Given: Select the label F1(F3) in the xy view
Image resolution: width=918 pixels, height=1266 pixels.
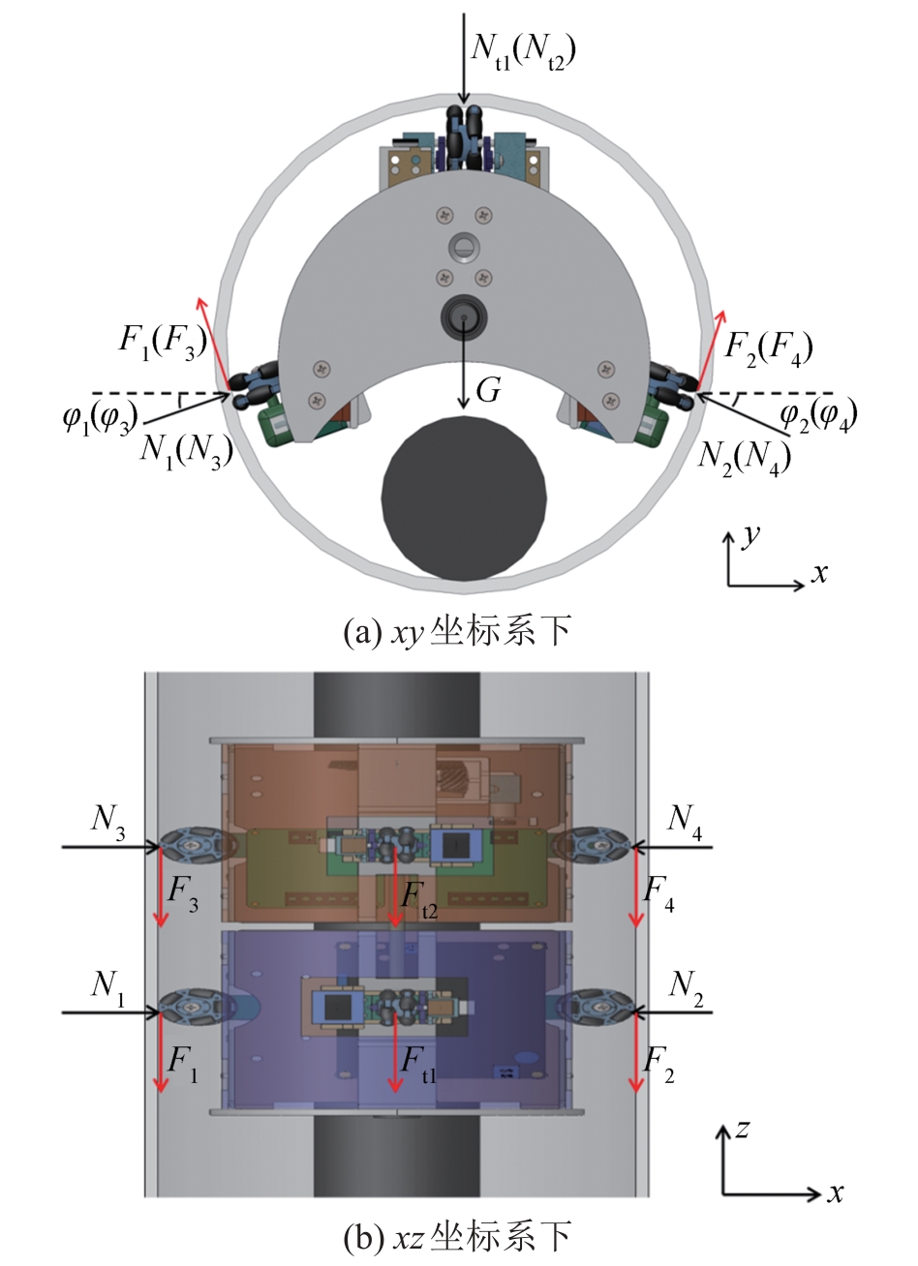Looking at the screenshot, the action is pyautogui.click(x=164, y=344).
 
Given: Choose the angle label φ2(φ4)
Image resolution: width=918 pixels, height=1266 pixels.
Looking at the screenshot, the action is pyautogui.click(x=818, y=415).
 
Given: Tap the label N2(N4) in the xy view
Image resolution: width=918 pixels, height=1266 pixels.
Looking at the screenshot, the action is pyautogui.click(x=745, y=457).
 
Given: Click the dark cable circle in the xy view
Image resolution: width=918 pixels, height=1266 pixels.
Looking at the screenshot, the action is pyautogui.click(x=464, y=497).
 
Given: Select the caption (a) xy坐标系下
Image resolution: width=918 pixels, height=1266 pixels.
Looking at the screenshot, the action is pyautogui.click(x=457, y=631).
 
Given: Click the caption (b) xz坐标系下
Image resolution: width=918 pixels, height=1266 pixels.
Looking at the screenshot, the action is pyautogui.click(x=457, y=1240).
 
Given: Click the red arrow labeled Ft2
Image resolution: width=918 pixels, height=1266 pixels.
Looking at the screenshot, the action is pyautogui.click(x=395, y=893).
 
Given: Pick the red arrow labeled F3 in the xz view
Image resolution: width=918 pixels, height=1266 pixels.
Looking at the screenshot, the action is pyautogui.click(x=161, y=888).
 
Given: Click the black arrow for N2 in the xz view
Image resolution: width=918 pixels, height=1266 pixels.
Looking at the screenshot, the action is pyautogui.click(x=672, y=1012).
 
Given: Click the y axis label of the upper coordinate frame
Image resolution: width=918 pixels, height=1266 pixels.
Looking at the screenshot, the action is pyautogui.click(x=750, y=535).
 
